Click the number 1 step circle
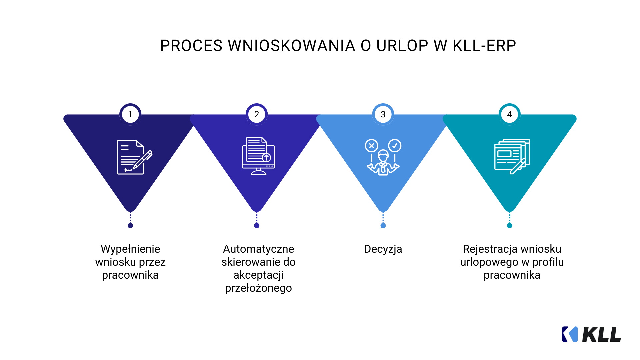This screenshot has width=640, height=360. (130, 114)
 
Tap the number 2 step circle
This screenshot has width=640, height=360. (257, 114)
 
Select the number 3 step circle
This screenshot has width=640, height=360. (383, 114)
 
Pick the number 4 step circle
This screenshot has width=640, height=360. (509, 114)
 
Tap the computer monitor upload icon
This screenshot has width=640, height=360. (258, 156)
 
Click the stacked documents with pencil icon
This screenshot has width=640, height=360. (512, 156)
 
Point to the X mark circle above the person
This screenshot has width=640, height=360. (371, 146)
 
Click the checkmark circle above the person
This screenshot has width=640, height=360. (395, 146)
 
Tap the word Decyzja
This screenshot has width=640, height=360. (383, 249)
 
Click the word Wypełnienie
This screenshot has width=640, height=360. (130, 249)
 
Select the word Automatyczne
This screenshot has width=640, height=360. (258, 249)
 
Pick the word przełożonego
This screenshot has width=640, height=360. (258, 288)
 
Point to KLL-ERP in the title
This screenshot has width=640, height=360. (484, 46)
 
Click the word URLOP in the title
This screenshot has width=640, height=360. (402, 46)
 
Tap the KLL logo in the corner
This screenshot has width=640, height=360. (591, 334)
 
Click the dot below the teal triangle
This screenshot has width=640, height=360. (509, 226)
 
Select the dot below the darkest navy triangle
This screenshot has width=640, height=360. (130, 226)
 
